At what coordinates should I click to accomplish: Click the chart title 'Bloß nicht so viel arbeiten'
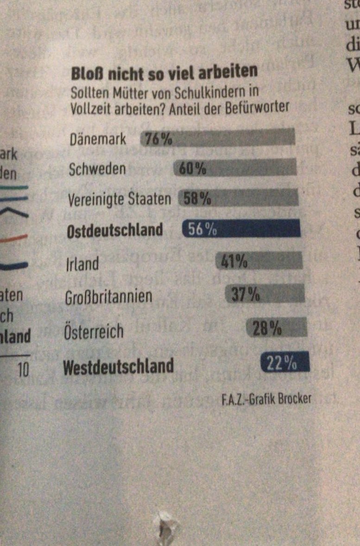(164, 72)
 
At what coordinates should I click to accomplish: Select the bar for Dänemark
(218, 138)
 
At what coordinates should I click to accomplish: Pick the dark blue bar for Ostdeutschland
(241, 229)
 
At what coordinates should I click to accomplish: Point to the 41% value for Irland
(234, 262)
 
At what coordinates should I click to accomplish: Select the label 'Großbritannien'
(108, 296)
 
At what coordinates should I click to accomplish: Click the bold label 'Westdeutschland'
(118, 367)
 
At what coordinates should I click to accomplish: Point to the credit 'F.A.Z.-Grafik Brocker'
(266, 399)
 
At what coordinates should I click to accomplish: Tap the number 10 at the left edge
(23, 369)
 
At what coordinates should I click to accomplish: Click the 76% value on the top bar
(157, 138)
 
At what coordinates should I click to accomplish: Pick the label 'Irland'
(82, 264)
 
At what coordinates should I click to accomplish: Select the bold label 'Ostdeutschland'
(115, 230)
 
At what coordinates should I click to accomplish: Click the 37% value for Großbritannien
(245, 295)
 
